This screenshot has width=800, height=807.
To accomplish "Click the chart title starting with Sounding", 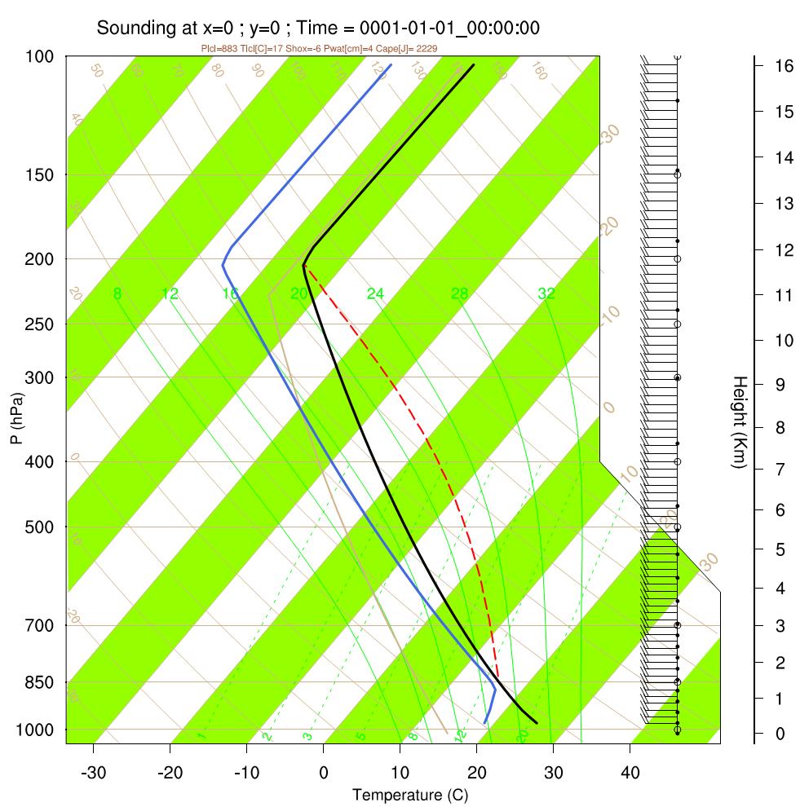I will pos(318,28).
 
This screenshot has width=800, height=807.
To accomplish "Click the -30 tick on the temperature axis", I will pos(94,771).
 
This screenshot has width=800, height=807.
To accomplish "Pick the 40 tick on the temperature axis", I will pos(630,771).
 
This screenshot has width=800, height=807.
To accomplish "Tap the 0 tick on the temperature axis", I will pos(324,771).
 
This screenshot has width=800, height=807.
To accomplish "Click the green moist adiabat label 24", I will pos(375,293).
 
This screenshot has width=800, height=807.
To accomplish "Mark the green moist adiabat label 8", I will pos(118,293).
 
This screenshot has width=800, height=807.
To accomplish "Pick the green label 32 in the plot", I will pos(546,293).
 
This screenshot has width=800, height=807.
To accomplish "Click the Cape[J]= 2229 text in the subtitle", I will pos(413,49).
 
